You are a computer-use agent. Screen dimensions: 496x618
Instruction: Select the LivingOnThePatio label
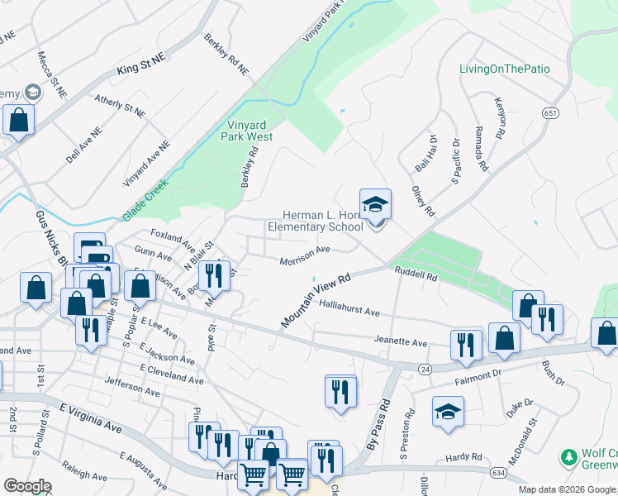[x=504, y=69]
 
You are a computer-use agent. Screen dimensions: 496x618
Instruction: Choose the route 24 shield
[x=425, y=368]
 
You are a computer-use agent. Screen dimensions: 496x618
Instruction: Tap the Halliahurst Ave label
[x=349, y=308]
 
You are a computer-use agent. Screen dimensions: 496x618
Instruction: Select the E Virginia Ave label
[x=91, y=417]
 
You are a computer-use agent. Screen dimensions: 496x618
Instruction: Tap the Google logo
[x=27, y=486]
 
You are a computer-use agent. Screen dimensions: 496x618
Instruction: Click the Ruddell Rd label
[x=416, y=275]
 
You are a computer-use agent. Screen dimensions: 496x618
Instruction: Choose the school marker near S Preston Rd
[x=448, y=413]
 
